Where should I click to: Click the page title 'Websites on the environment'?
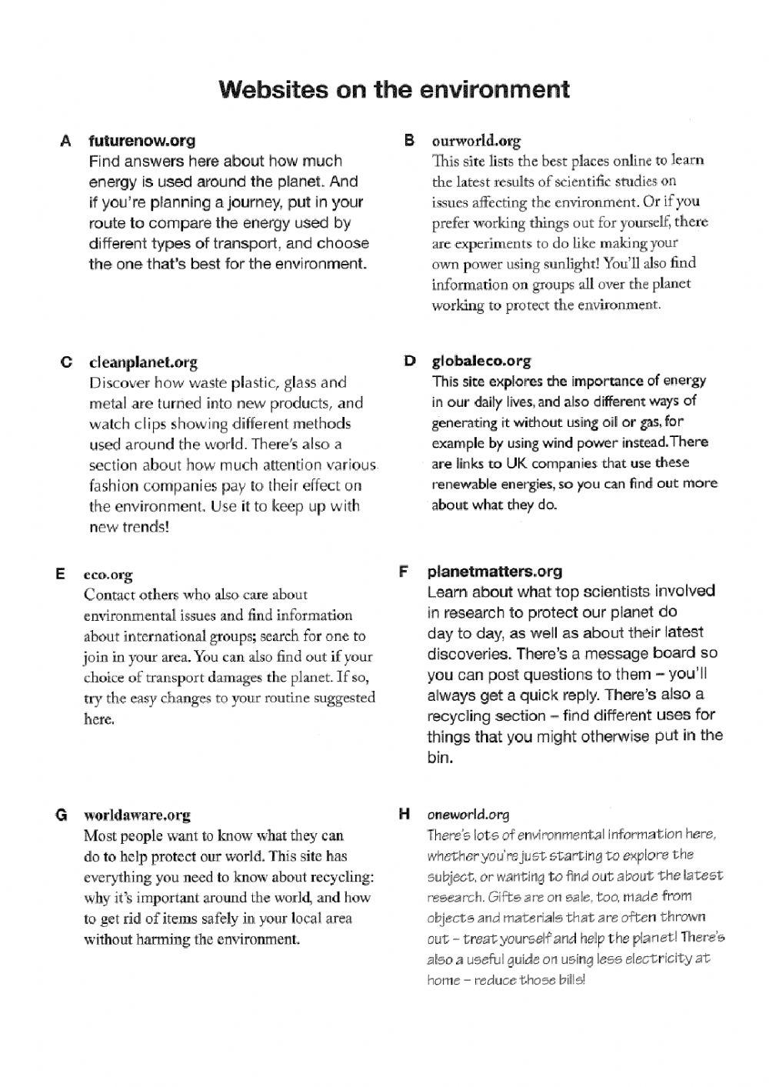pyautogui.click(x=394, y=89)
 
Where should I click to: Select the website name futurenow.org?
pyautogui.click(x=142, y=141)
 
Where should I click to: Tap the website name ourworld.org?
pyautogui.click(x=476, y=141)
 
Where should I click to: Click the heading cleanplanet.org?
pyautogui.click(x=143, y=362)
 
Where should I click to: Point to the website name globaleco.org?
pyautogui.click(x=481, y=361)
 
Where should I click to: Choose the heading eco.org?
pyautogui.click(x=108, y=575)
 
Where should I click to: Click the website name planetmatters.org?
pyautogui.click(x=494, y=572)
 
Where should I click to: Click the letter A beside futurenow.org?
pyautogui.click(x=65, y=141)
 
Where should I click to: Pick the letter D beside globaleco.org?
pyautogui.click(x=410, y=361)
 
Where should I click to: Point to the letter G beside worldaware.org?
pyautogui.click(x=62, y=815)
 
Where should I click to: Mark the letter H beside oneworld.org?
pyautogui.click(x=404, y=814)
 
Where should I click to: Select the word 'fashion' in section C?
pyautogui.click(x=113, y=485)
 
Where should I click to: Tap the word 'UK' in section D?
pyautogui.click(x=515, y=463)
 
